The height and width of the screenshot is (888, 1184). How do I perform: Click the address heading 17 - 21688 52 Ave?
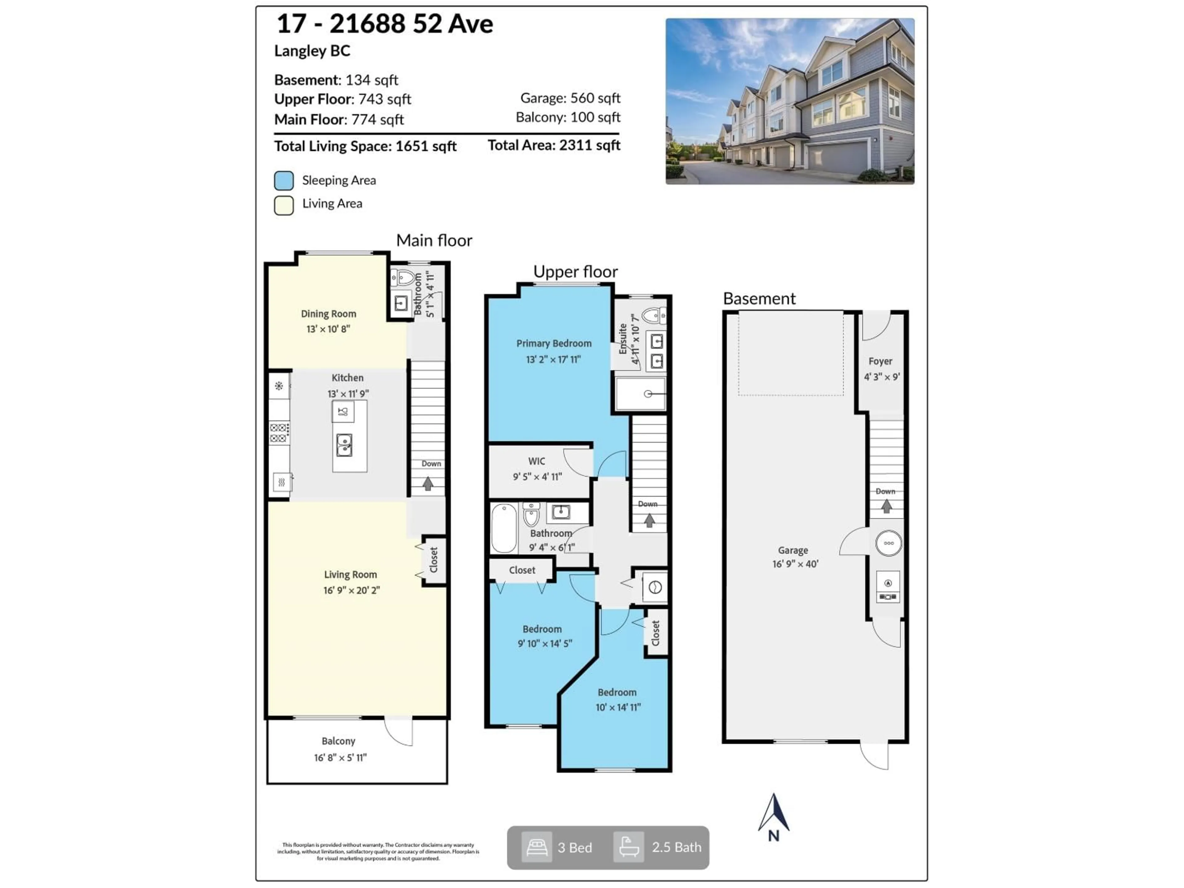pyautogui.click(x=384, y=24)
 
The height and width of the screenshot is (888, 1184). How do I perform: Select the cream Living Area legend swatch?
pyautogui.click(x=284, y=205)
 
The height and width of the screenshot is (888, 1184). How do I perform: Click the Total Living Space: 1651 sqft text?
pyautogui.click(x=365, y=146)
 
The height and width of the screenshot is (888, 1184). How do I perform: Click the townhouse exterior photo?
pyautogui.click(x=790, y=101)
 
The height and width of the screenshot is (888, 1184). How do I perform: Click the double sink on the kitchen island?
pyautogui.click(x=344, y=445)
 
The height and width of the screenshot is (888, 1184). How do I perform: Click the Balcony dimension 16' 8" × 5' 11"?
pyautogui.click(x=340, y=757)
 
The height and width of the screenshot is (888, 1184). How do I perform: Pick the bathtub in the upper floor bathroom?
pyautogui.click(x=504, y=528)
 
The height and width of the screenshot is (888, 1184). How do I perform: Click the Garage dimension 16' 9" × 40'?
pyautogui.click(x=795, y=564)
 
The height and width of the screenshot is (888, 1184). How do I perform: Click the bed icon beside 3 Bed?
pyautogui.click(x=536, y=847)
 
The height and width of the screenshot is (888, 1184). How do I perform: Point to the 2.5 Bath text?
pyautogui.click(x=676, y=847)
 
